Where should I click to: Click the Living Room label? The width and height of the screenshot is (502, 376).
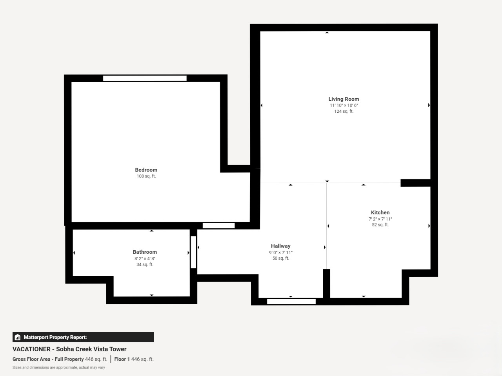(344, 99)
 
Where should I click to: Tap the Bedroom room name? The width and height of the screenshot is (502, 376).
(146, 170)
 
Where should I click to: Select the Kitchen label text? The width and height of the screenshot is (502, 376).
(380, 213)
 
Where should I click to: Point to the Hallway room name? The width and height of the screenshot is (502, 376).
(281, 246)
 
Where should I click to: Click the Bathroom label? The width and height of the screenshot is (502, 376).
(145, 252)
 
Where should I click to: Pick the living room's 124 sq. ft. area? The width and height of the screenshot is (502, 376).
(344, 111)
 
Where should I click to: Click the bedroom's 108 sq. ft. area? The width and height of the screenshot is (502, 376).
(146, 176)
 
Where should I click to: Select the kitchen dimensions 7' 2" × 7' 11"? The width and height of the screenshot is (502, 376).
(380, 219)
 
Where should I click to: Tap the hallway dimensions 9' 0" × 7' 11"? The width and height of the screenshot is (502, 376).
(281, 253)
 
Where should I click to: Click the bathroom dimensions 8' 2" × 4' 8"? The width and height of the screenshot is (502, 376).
(145, 258)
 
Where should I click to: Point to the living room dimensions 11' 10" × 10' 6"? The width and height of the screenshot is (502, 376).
(344, 105)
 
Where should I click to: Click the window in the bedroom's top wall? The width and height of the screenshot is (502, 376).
(145, 78)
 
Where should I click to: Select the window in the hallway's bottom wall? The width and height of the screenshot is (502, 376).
(291, 302)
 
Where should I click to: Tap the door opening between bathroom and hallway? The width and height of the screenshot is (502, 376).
(193, 252)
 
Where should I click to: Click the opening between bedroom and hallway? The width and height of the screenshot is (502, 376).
(218, 226)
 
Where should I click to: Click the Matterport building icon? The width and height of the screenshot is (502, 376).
(18, 337)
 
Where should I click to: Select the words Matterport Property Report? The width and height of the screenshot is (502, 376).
(55, 337)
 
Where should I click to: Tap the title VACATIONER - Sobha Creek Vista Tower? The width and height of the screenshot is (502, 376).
(69, 349)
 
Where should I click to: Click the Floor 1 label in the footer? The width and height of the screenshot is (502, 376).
(122, 359)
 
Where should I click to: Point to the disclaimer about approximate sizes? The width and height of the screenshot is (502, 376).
(59, 367)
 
